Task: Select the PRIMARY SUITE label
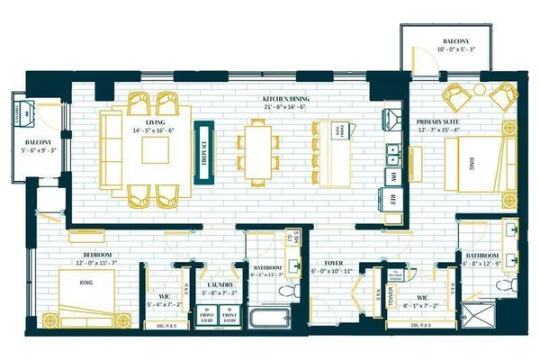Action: (438, 121)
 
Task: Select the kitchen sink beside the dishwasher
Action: (393, 150)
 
